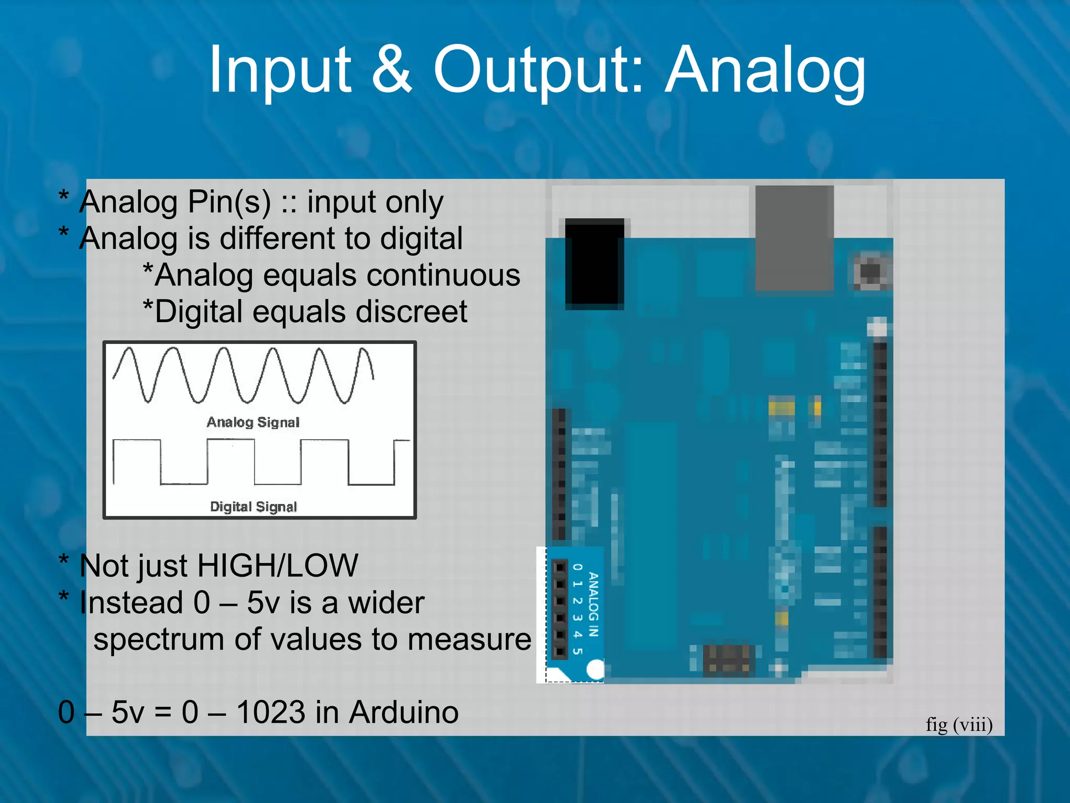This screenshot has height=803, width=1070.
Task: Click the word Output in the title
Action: pyautogui.click(x=538, y=71)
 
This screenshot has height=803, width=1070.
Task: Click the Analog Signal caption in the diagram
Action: pyautogui.click(x=253, y=422)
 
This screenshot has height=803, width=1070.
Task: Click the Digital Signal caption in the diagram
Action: pyautogui.click(x=253, y=506)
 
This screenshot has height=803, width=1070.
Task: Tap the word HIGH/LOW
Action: pyautogui.click(x=277, y=566)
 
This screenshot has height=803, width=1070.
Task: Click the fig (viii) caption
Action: pyautogui.click(x=959, y=725)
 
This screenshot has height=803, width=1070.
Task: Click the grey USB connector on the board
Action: pyautogui.click(x=794, y=238)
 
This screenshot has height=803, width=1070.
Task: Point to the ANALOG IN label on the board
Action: pyautogui.click(x=593, y=604)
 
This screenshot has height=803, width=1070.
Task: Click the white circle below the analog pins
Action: pyautogui.click(x=595, y=669)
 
